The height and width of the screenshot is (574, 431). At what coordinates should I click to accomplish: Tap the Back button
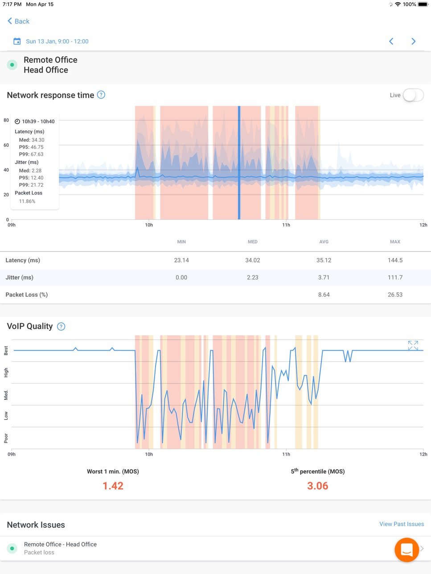(18, 21)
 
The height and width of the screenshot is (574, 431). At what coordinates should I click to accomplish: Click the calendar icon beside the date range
(17, 41)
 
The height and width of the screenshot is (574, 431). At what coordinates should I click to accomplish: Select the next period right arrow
(414, 41)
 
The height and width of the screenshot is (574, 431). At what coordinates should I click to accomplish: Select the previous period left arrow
(391, 41)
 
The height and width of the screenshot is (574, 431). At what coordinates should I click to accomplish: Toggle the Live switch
(413, 95)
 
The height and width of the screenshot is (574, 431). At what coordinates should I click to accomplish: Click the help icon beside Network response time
(101, 95)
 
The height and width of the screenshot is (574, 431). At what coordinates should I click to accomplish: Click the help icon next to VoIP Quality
(61, 326)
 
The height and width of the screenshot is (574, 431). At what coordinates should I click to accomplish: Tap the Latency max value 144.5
(395, 260)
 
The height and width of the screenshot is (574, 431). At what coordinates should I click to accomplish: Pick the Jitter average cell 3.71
(324, 278)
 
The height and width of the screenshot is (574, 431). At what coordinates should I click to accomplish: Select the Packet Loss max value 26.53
(395, 295)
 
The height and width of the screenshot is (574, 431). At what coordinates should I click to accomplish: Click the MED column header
(253, 242)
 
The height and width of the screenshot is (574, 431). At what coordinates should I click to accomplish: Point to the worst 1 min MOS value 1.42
(113, 486)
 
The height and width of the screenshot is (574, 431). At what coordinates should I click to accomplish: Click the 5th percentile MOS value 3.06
(318, 486)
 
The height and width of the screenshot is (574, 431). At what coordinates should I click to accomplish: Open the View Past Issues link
(402, 524)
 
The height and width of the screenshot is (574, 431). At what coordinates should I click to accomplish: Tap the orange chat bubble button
(406, 550)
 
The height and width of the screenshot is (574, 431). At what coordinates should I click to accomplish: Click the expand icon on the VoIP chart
(413, 346)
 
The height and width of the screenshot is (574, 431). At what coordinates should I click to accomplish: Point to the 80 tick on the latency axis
(6, 120)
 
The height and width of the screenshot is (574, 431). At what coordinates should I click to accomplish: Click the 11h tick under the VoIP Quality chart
(286, 454)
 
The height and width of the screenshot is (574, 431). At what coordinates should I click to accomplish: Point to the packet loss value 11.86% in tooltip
(27, 202)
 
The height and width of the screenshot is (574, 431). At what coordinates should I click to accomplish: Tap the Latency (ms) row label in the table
(23, 260)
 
